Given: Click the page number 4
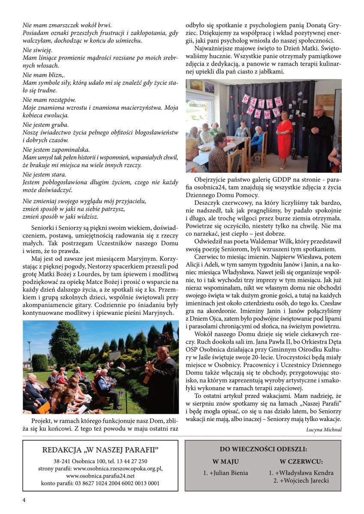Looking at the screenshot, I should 24,500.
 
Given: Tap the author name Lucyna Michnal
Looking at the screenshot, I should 324,429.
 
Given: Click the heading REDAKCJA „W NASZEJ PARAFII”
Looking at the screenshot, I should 100,450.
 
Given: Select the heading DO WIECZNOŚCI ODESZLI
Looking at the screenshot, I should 263,449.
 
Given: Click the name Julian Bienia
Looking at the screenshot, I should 226,473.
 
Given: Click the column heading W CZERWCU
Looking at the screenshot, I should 301,462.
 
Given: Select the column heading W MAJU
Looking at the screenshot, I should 226,462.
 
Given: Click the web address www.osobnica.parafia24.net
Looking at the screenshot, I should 100,475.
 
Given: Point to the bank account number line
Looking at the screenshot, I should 100,483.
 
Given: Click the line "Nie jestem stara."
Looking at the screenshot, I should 45,175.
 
